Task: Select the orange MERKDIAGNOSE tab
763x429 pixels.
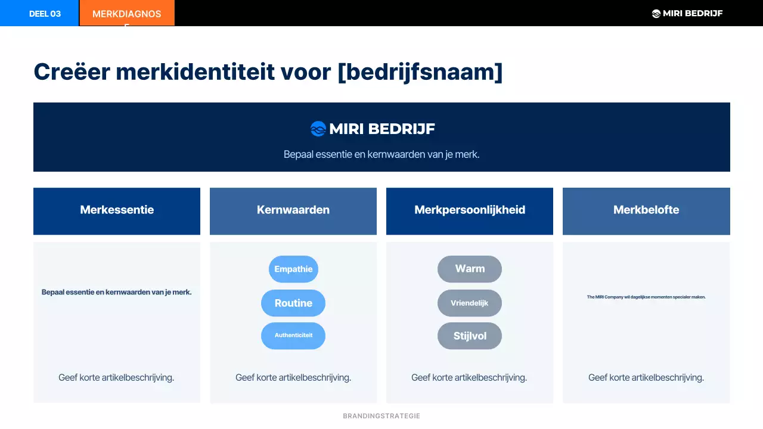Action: click(126, 14)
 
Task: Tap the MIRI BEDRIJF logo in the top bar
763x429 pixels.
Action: click(687, 13)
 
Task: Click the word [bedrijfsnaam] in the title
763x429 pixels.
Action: click(420, 72)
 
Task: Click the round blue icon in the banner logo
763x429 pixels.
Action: click(318, 129)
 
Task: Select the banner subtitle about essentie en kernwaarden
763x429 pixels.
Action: click(381, 154)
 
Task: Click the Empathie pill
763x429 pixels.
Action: click(293, 269)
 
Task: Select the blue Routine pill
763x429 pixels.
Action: click(293, 303)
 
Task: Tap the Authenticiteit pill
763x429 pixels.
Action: click(293, 335)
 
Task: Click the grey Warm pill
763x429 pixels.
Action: click(470, 269)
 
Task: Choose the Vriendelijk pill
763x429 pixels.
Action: click(470, 303)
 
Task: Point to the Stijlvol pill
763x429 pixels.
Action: click(470, 336)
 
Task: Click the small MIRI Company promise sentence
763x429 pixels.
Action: click(646, 297)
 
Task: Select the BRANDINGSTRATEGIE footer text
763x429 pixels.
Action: click(381, 416)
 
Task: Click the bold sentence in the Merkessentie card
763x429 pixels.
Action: click(117, 293)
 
